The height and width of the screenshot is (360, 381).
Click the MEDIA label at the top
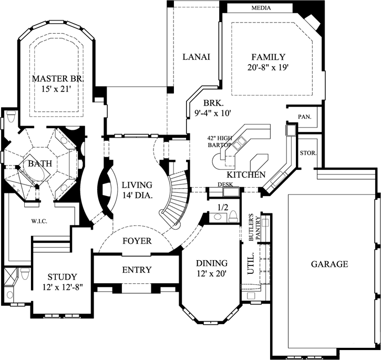261,8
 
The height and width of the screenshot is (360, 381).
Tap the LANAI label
197,57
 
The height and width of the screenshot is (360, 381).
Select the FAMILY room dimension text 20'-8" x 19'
268,67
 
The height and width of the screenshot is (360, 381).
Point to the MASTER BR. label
58,79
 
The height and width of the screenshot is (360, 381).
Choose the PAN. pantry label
305,117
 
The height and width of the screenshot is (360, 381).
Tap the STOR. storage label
308,153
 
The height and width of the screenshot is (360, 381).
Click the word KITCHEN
246,174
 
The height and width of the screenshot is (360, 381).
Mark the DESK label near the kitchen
225,185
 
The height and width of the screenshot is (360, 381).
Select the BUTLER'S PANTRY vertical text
254,228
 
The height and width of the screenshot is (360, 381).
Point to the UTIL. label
251,263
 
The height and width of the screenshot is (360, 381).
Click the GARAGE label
329,264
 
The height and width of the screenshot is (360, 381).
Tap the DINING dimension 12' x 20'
212,274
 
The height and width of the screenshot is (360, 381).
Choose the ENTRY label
137,270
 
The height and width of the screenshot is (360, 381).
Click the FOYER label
137,241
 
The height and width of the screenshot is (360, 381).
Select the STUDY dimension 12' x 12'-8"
63,287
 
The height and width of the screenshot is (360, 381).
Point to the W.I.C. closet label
39,221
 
